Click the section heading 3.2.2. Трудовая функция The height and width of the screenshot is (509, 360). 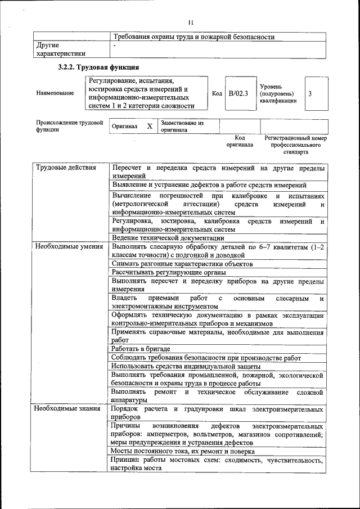pos(98,68)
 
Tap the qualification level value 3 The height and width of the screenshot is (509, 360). pos(310,93)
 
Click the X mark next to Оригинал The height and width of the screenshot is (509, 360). pos(149,127)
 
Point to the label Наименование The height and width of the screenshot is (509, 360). pos(55,93)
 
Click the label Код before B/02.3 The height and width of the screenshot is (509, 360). pos(217,93)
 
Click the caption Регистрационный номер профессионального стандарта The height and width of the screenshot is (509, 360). pos(295,145)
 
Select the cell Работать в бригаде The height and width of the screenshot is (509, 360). pos(140,349)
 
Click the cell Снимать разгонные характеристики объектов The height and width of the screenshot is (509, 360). pos(182,263)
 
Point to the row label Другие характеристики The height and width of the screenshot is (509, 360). pos(61,49)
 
